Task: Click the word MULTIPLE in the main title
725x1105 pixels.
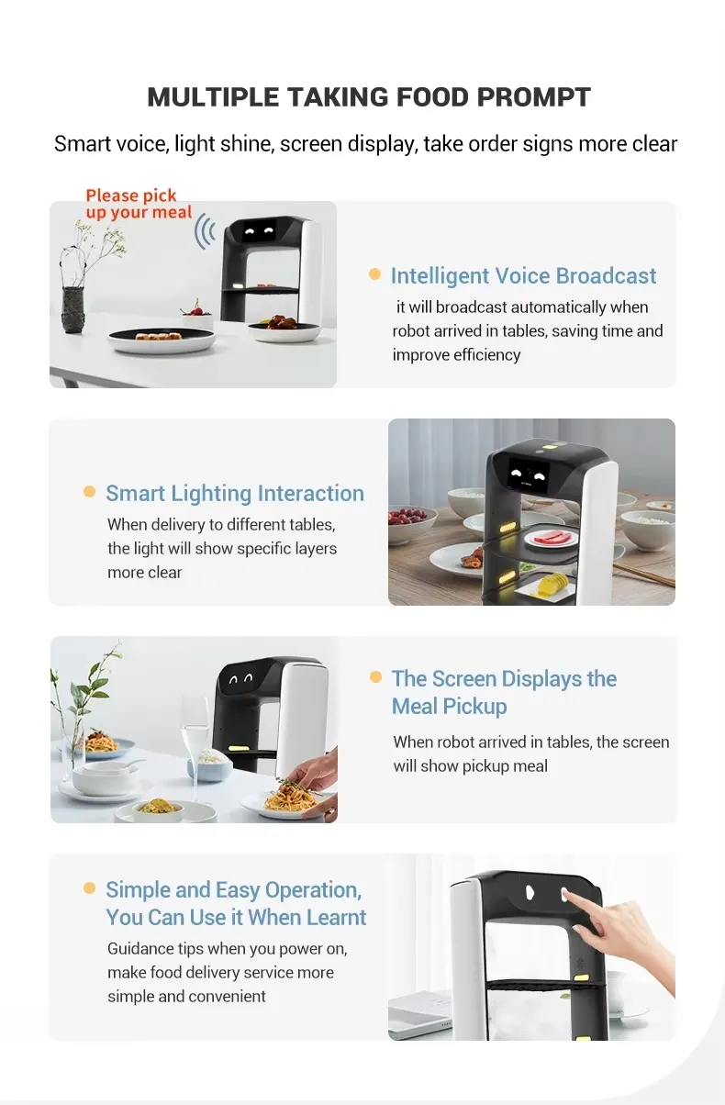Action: pyautogui.click(x=212, y=96)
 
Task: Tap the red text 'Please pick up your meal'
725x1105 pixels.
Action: pyautogui.click(x=139, y=204)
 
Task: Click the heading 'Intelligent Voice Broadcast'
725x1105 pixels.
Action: pyautogui.click(x=523, y=275)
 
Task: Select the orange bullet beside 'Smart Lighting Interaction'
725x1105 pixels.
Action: pyautogui.click(x=89, y=491)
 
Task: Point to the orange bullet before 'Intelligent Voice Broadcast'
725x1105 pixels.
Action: pyautogui.click(x=374, y=273)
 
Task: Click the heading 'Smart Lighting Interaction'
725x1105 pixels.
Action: pyautogui.click(x=235, y=494)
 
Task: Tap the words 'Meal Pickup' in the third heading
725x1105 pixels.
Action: pyautogui.click(x=449, y=707)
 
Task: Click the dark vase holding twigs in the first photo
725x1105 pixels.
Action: pyautogui.click(x=73, y=310)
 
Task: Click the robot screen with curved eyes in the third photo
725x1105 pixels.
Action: pyautogui.click(x=241, y=680)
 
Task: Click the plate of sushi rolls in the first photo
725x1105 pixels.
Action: pyautogui.click(x=162, y=340)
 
